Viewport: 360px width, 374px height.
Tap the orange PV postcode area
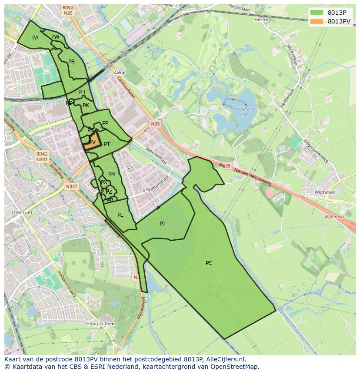[x=92, y=142]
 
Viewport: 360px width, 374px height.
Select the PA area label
[x=35, y=38]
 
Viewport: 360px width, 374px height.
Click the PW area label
[x=55, y=37]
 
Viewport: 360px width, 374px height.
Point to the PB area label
[x=71, y=62]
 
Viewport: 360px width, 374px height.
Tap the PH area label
[x=82, y=92]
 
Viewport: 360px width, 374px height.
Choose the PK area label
[x=86, y=106]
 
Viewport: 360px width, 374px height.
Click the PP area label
[x=105, y=123]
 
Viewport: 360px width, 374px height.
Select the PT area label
[x=107, y=144]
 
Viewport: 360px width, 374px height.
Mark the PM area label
[x=112, y=175]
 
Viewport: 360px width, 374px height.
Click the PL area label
[x=120, y=215]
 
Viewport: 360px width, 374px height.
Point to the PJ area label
[x=162, y=223]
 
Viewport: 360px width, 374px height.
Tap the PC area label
[x=209, y=263]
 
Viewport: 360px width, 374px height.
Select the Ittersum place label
[x=22, y=212]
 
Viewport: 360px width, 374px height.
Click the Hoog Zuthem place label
[x=101, y=324]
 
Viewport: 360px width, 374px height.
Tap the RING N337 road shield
[x=42, y=157]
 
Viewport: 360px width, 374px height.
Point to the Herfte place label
[x=261, y=20]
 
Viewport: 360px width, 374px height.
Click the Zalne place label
[x=119, y=73]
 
